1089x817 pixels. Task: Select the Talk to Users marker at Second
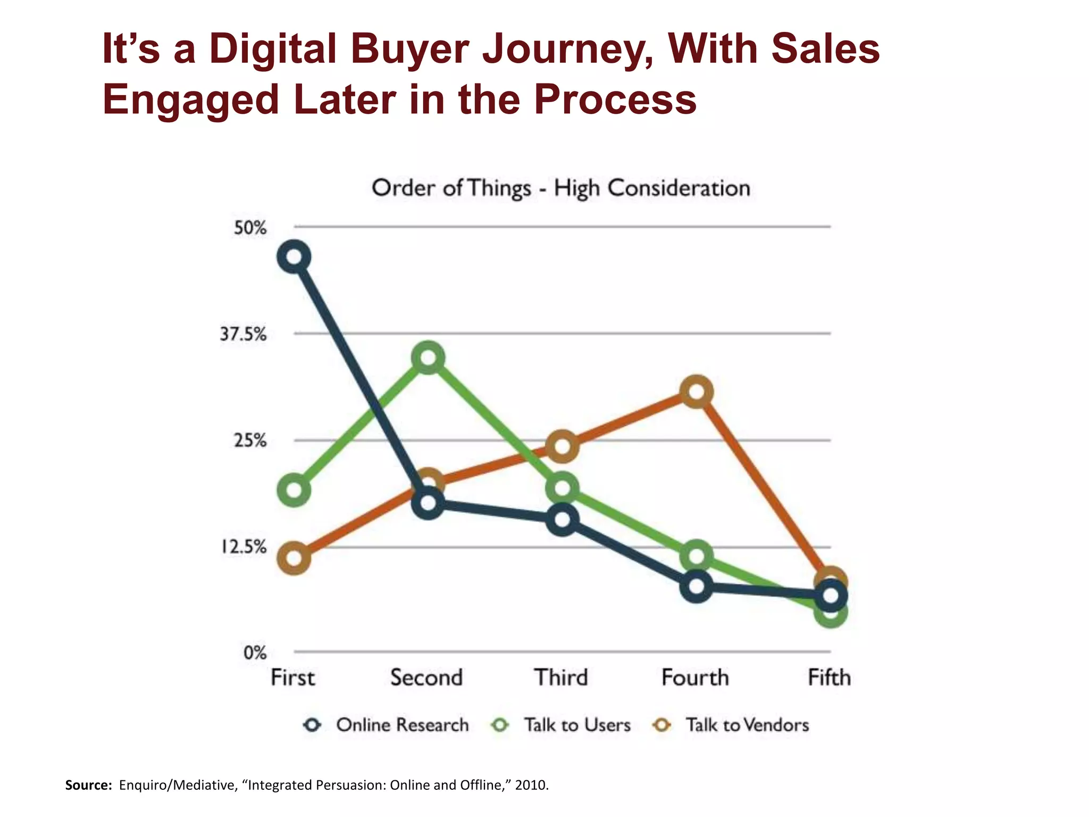coord(429,358)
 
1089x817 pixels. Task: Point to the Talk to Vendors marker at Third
coord(563,446)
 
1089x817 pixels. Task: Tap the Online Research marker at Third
coord(563,519)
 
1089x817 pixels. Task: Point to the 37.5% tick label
coord(243,335)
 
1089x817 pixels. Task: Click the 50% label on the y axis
coord(250,228)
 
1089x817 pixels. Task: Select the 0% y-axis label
coord(255,653)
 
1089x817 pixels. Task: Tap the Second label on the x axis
coord(426,678)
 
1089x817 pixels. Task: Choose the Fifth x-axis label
coord(829,678)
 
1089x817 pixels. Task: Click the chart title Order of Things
coord(561,188)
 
